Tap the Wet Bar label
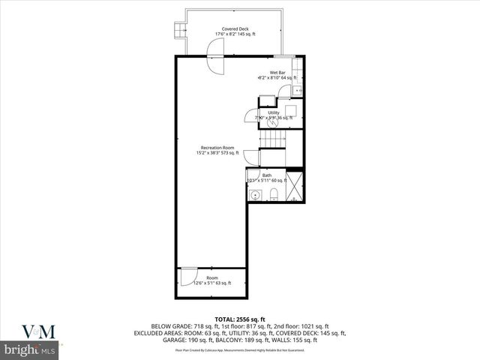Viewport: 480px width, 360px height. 277,72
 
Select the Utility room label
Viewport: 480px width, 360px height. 274,112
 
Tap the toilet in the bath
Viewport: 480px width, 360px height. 274,195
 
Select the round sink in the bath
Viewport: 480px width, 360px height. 256,195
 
